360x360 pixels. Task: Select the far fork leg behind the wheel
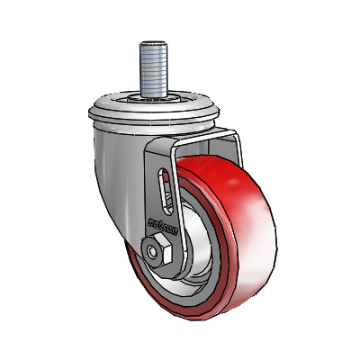click(236, 148)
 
